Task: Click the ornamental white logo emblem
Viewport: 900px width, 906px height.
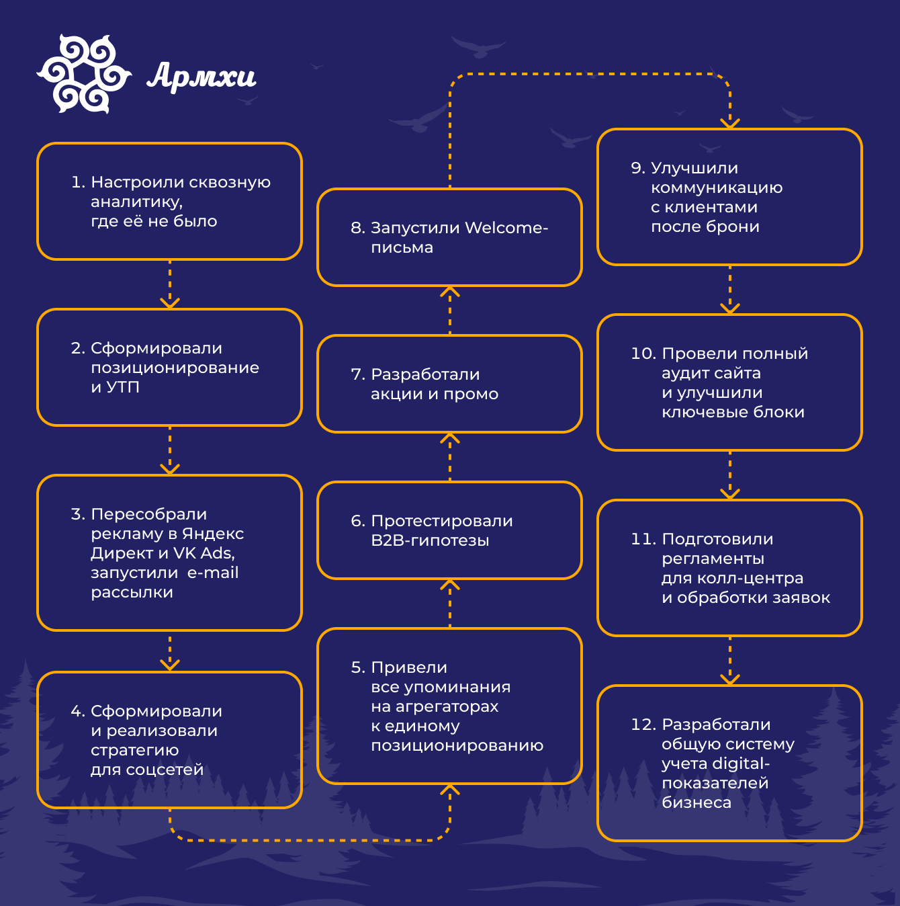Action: [84, 74]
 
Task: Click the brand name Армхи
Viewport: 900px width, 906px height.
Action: [201, 76]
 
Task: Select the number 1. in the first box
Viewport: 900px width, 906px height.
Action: [78, 182]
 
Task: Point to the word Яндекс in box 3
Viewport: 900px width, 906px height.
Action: [212, 534]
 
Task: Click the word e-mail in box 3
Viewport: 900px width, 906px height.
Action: [213, 573]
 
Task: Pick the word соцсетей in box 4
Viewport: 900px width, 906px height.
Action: [166, 770]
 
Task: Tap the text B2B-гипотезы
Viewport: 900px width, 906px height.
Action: [430, 540]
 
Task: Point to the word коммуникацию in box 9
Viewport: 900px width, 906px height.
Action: [717, 188]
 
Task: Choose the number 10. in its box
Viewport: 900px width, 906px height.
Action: [643, 354]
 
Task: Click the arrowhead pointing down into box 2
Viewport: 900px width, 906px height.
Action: [170, 303]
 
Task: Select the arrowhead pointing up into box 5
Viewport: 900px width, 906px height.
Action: [450, 789]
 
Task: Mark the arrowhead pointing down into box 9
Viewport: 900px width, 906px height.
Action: [730, 123]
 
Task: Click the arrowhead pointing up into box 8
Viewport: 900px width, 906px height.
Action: [450, 292]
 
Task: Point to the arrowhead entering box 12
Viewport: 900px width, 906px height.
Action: [730, 679]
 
